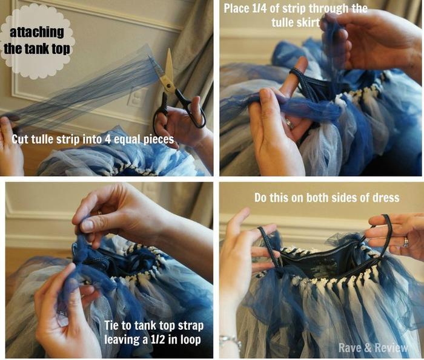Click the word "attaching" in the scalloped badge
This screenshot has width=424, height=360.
(37, 33)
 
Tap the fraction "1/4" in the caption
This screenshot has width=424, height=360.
(259, 8)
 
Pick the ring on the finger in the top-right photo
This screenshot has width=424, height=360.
(290, 123)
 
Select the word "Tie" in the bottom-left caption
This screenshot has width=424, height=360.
(111, 326)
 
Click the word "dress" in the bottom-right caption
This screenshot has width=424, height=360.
(386, 198)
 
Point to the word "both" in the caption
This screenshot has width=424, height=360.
(317, 198)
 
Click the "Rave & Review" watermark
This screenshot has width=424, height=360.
(373, 347)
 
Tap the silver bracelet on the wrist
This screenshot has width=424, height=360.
(230, 341)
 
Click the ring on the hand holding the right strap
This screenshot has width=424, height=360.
(406, 241)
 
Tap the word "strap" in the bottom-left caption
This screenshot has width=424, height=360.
(191, 326)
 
